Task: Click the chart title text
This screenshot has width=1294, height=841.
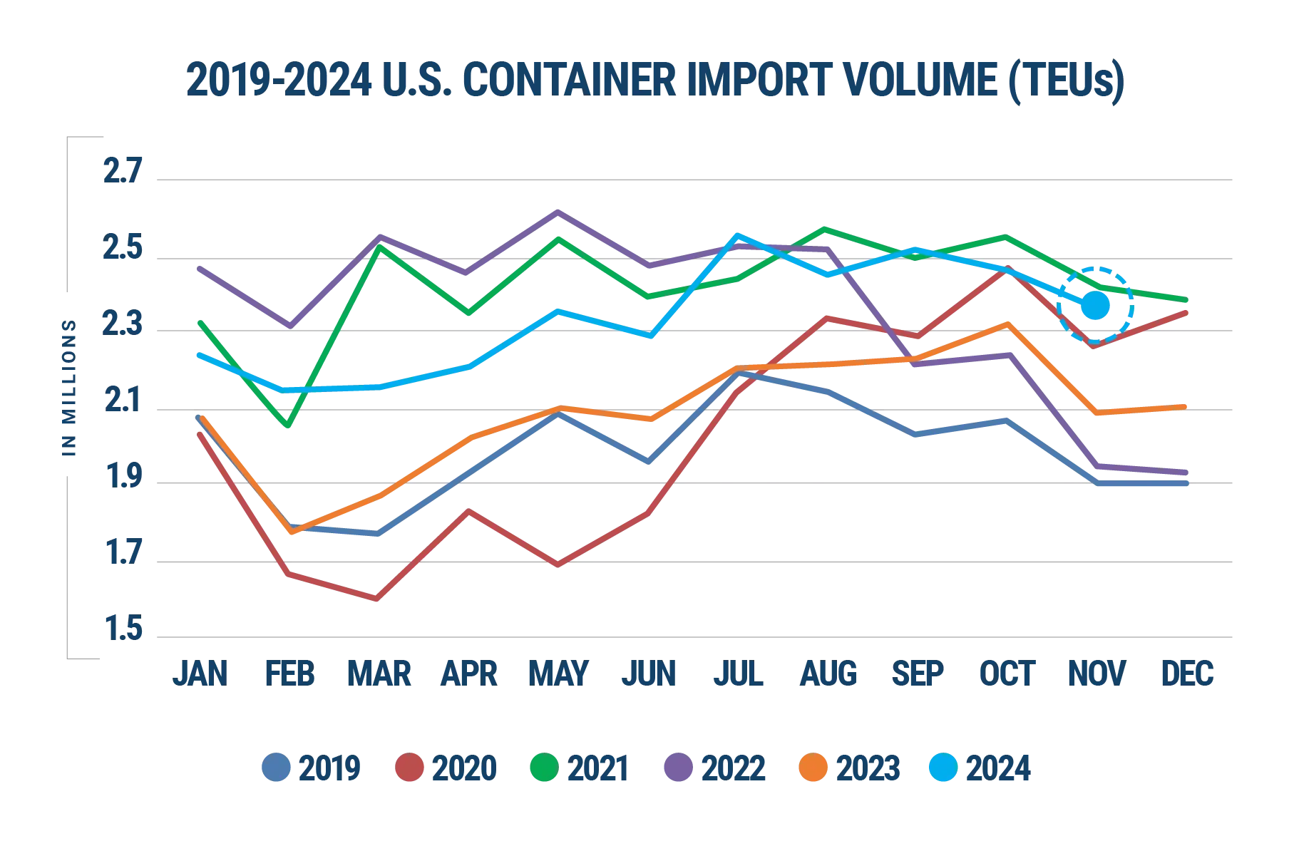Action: click(x=652, y=82)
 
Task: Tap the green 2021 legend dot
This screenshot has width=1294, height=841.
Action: click(x=543, y=769)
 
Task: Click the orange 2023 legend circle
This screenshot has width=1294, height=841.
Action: click(x=814, y=769)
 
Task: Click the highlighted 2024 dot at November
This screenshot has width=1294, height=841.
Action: click(x=1096, y=306)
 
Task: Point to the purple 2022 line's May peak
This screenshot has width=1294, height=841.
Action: click(x=559, y=211)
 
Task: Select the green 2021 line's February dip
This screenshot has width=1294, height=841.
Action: click(x=288, y=425)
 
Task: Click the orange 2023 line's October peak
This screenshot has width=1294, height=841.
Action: click(x=1007, y=325)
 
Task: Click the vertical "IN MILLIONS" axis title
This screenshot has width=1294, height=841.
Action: click(x=68, y=388)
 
